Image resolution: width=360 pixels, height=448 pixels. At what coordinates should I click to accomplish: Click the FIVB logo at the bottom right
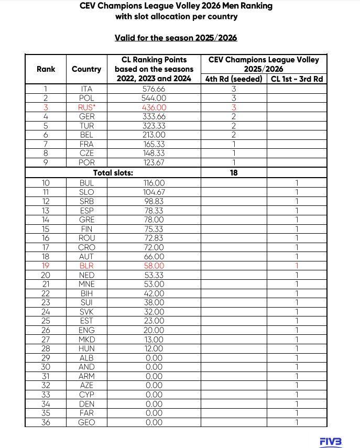(331, 442)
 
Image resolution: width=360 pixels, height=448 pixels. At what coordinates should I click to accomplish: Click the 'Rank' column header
(46, 69)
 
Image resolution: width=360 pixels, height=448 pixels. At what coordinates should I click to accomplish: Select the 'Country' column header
(86, 69)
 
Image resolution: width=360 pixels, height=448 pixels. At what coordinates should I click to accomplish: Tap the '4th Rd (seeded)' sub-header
(234, 79)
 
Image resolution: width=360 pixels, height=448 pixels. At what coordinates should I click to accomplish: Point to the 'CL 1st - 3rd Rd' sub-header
(297, 79)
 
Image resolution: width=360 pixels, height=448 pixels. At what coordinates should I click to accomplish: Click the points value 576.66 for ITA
(154, 89)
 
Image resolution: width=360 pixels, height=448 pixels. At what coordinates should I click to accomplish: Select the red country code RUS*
(86, 107)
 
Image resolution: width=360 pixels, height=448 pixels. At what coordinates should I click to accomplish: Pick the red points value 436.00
(154, 107)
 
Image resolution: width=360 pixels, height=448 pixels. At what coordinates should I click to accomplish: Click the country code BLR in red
(86, 266)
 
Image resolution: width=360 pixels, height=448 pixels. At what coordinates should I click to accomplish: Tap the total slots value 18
(234, 172)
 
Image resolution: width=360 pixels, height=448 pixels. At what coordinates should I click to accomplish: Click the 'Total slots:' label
(113, 172)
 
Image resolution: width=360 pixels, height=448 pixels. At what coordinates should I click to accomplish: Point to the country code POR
(86, 162)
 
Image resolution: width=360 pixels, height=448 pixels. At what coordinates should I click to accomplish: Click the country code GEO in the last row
(86, 422)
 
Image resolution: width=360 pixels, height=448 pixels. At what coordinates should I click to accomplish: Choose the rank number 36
(46, 422)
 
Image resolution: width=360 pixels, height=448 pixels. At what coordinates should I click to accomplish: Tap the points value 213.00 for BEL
(154, 135)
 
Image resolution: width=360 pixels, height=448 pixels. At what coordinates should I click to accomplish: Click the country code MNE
(86, 284)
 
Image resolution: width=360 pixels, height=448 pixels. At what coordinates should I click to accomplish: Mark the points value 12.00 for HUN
(154, 348)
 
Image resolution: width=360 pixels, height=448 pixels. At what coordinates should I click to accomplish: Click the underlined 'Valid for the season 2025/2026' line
(176, 38)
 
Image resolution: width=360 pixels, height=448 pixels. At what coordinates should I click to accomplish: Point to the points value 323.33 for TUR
(154, 126)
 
